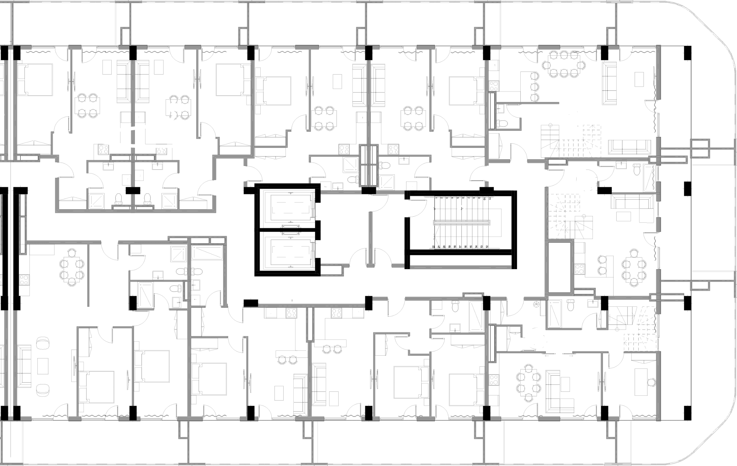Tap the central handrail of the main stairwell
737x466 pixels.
462,223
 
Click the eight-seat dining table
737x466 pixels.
564,64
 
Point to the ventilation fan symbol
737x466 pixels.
537,304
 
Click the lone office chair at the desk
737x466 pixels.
651,382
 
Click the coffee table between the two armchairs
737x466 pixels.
43,366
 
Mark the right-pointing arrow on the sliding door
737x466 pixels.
571,354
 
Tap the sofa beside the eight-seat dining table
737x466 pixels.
609,83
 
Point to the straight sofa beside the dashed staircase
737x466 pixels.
629,147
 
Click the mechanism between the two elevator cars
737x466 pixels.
290,229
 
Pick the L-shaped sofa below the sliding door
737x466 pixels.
558,392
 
